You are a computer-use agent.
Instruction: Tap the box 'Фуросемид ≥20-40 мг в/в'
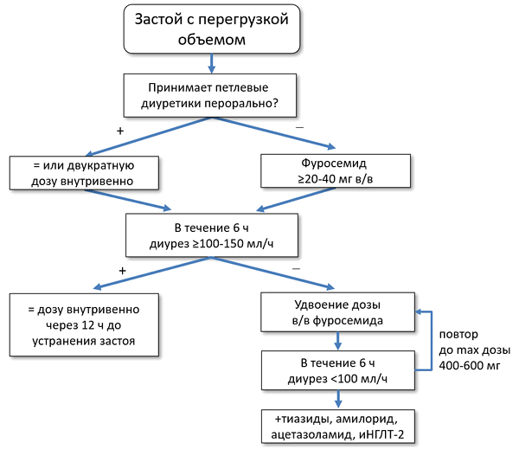click(x=332, y=170)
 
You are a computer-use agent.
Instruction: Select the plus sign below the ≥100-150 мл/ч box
click(x=122, y=270)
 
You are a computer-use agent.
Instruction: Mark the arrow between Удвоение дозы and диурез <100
click(x=338, y=339)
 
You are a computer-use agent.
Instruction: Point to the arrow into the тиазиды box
click(x=338, y=397)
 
